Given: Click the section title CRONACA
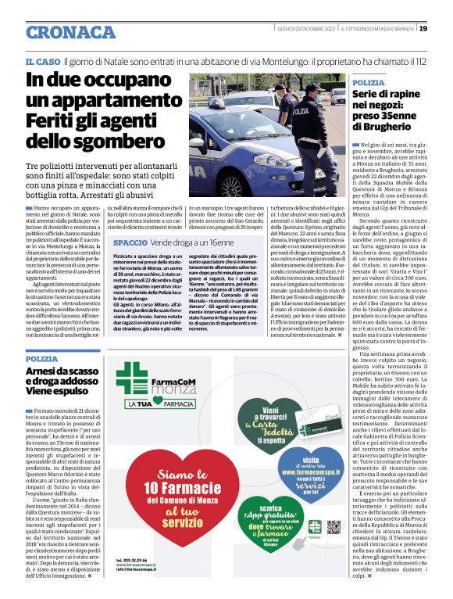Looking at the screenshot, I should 70,32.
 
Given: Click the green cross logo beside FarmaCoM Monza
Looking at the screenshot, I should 132,378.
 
